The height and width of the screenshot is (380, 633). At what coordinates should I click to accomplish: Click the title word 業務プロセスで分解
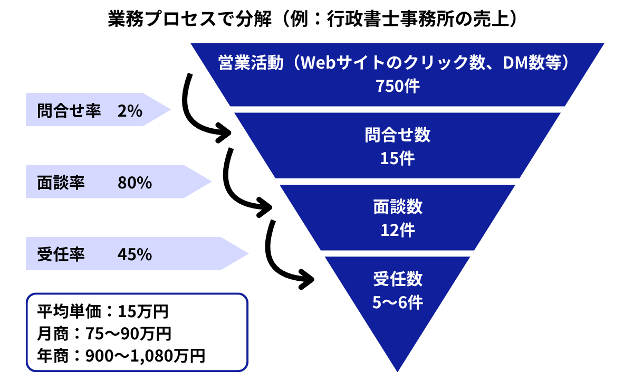click(x=189, y=19)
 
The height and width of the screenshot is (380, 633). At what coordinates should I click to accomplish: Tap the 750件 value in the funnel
click(x=398, y=86)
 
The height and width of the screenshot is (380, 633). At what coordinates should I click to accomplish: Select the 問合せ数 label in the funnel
click(x=398, y=135)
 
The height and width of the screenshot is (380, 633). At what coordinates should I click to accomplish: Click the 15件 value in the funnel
click(x=398, y=158)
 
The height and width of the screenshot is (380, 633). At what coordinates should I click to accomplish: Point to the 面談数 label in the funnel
click(x=398, y=207)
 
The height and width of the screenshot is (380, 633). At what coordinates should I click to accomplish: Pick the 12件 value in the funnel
click(x=398, y=230)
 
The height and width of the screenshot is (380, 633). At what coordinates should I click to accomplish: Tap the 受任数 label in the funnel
click(x=398, y=279)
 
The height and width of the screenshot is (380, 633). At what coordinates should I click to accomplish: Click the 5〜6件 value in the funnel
click(x=398, y=302)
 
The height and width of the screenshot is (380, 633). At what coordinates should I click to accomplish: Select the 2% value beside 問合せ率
click(x=130, y=111)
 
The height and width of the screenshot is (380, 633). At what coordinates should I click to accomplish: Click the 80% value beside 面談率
click(x=135, y=183)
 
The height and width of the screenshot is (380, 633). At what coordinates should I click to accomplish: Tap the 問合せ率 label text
click(x=69, y=110)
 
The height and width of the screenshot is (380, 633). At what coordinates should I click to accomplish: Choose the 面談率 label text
click(x=61, y=183)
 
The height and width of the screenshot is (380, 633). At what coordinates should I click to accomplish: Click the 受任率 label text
click(x=61, y=254)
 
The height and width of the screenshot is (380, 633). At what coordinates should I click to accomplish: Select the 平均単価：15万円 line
click(x=102, y=311)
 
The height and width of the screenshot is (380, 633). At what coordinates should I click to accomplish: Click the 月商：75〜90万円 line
click(x=104, y=334)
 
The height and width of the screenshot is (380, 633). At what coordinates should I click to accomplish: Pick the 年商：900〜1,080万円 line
click(x=121, y=356)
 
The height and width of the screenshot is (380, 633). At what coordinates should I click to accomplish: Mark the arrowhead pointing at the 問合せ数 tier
click(x=225, y=132)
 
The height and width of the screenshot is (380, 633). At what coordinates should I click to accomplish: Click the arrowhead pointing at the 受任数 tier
click(x=308, y=279)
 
